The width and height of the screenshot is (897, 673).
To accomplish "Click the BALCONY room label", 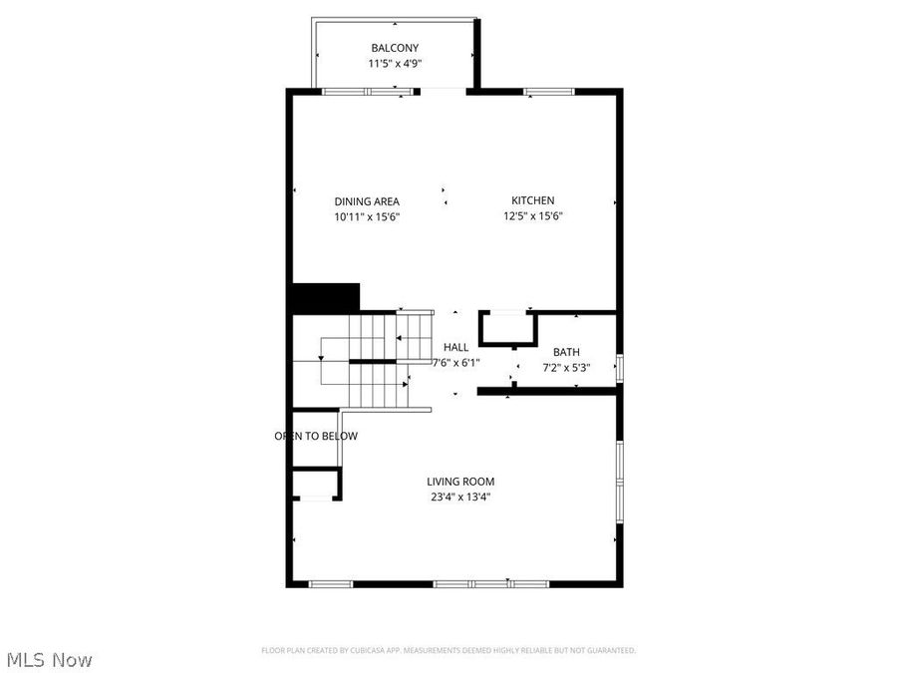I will point(395,48).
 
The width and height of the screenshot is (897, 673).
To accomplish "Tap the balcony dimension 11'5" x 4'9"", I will point(395,64).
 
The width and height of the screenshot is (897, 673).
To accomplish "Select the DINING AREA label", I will point(367,201).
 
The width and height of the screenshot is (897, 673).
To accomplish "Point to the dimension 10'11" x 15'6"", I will point(367,216).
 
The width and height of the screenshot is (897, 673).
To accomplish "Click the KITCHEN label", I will point(533,200).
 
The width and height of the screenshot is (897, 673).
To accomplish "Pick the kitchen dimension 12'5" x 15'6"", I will point(533,216).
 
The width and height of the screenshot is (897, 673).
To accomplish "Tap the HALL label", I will point(456,347).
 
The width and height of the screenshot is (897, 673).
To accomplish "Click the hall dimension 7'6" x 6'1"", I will point(456,363).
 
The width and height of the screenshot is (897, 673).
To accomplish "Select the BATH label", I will point(566,352).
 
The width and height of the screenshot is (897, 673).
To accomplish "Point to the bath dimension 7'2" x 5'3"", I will point(566,367).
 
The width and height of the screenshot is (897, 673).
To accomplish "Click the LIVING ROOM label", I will point(462,482).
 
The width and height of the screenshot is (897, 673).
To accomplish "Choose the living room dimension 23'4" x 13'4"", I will point(462,497).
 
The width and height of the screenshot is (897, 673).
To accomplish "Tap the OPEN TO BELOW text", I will point(316,436).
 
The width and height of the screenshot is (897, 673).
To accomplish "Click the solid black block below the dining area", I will point(325,297).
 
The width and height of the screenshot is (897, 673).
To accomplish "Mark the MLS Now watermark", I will point(50,659).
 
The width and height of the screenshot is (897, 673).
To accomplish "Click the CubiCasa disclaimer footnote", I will point(448,650).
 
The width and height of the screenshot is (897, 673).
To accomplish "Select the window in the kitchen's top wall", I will point(548,92).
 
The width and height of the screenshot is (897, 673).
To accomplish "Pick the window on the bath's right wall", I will point(619,367).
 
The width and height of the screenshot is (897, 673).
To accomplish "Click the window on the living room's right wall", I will point(619,482).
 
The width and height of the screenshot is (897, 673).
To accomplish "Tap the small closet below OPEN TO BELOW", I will point(316,485).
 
